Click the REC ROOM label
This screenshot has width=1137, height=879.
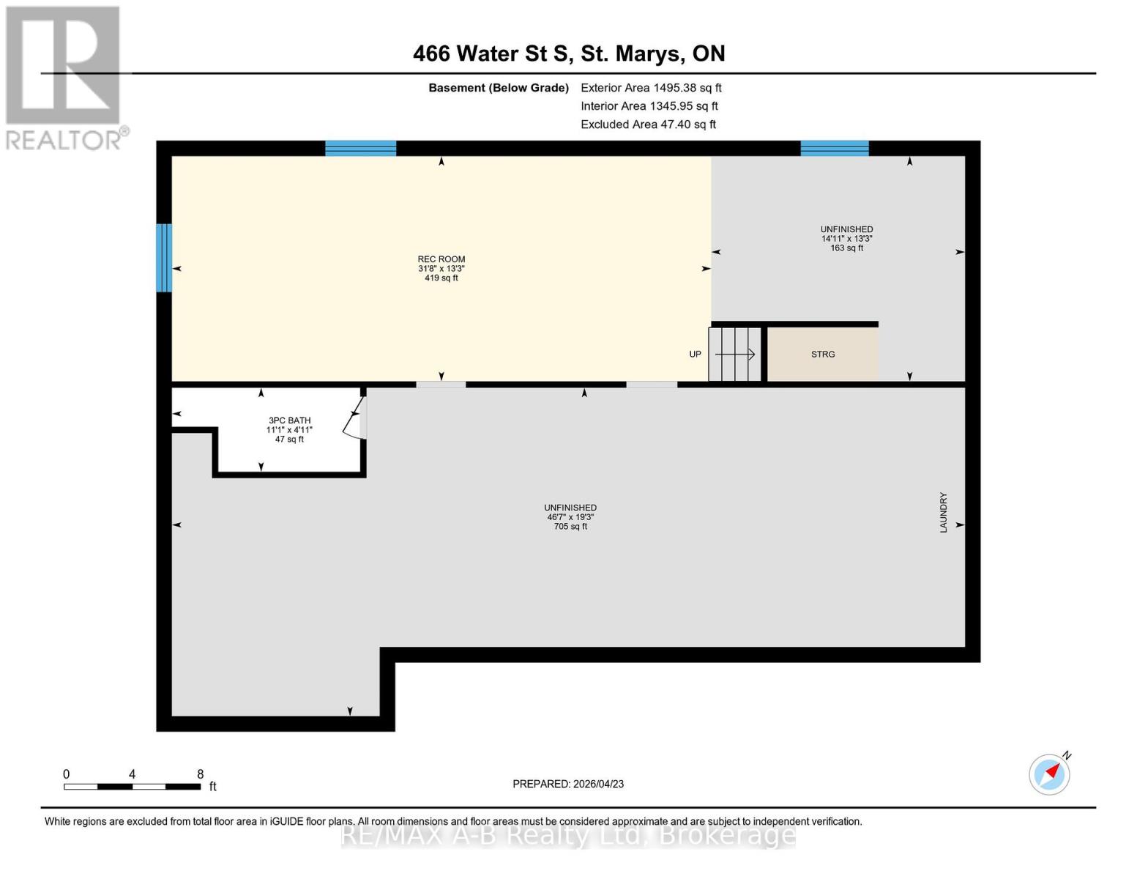441,259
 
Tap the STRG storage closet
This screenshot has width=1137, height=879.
822,355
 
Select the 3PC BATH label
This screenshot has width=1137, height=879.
289,420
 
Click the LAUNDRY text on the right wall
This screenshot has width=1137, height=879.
943,512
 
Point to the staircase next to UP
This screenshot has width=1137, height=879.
735,355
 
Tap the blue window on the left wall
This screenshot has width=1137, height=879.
164,258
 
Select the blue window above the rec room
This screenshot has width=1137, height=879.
360,149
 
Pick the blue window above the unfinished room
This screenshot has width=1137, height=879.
834,149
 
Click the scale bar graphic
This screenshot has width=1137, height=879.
132,787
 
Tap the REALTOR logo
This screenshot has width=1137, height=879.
64,77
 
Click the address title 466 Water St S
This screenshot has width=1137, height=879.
568,53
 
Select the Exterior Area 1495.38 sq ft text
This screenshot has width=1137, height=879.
651,88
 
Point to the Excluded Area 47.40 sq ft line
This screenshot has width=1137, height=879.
648,125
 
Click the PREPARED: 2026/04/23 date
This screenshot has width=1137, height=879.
568,784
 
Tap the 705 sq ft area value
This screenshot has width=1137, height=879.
570,527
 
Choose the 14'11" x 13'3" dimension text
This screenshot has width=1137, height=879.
846,239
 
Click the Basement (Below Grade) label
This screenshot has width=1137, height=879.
498,88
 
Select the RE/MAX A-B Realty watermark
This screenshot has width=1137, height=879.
568,835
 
